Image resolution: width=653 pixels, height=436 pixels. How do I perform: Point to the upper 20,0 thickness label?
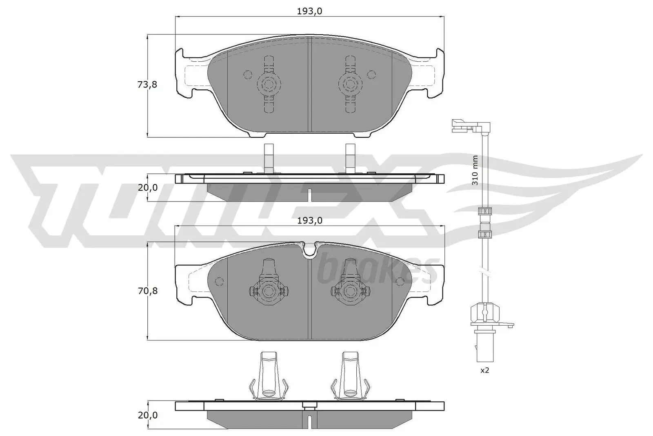click(x=147, y=188)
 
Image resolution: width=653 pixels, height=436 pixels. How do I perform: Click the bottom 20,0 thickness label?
click(x=147, y=415)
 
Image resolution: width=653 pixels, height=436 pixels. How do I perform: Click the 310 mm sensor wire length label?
click(x=475, y=170)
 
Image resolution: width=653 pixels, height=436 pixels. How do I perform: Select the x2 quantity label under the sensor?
click(x=484, y=371)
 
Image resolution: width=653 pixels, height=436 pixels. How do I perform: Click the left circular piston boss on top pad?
click(x=269, y=85)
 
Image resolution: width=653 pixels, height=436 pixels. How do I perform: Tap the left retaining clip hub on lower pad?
click(x=269, y=291)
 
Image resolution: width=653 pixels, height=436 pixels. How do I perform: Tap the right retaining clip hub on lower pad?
click(x=350, y=291)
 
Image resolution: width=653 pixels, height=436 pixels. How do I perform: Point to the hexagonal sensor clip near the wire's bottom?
click(x=485, y=314)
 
